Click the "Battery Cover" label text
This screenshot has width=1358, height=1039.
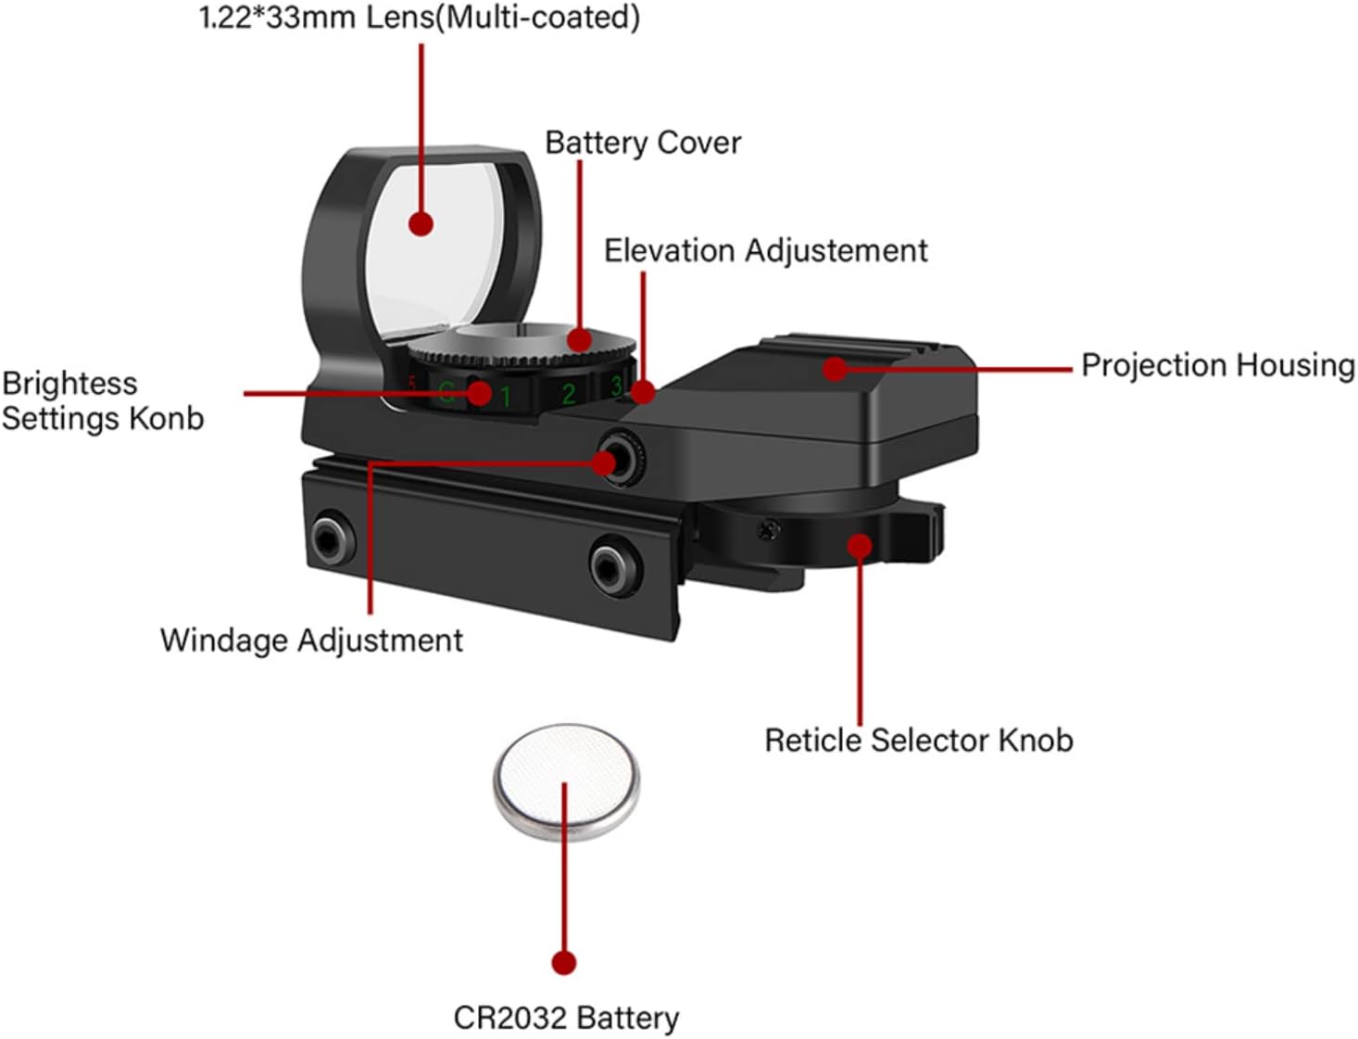(643, 143)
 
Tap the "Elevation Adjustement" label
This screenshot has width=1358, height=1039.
(765, 251)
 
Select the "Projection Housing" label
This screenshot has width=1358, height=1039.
(1217, 365)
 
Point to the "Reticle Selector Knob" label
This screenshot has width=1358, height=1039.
(918, 741)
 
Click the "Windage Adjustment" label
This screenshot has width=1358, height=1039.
(311, 640)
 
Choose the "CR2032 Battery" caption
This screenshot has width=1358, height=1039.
(566, 1018)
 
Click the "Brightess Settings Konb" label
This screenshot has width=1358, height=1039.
(102, 400)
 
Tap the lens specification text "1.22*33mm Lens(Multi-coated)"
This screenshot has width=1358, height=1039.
(420, 18)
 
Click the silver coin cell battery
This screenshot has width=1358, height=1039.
(566, 781)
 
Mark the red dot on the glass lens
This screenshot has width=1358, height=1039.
(421, 223)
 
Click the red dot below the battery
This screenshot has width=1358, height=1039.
(563, 962)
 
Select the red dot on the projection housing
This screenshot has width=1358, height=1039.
(835, 369)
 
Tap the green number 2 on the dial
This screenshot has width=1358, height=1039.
(569, 394)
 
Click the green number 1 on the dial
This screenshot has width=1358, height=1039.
(506, 398)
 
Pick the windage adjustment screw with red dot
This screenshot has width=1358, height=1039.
(607, 461)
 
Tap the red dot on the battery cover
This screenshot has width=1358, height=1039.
(580, 339)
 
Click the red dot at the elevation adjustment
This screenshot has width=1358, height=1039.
(643, 392)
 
